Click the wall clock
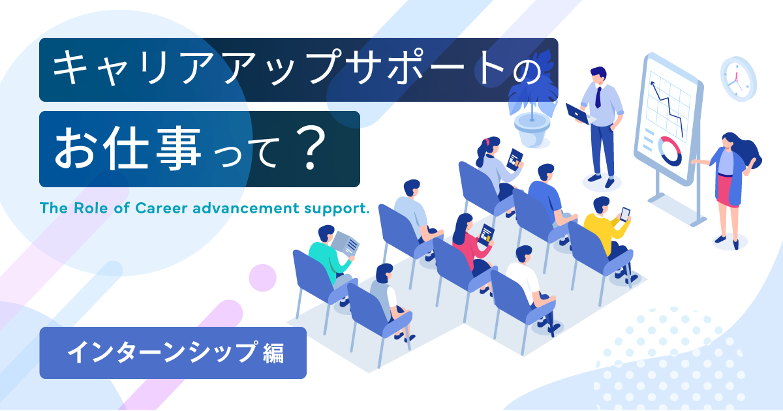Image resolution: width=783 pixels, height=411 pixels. (738, 78)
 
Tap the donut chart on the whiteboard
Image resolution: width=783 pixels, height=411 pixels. (669, 151)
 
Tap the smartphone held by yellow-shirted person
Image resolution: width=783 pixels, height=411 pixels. (624, 214)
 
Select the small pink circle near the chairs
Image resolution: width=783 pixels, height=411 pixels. (262, 277)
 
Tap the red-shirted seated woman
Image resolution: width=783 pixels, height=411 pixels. (465, 241)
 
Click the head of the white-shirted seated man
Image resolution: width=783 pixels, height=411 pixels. (523, 254)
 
